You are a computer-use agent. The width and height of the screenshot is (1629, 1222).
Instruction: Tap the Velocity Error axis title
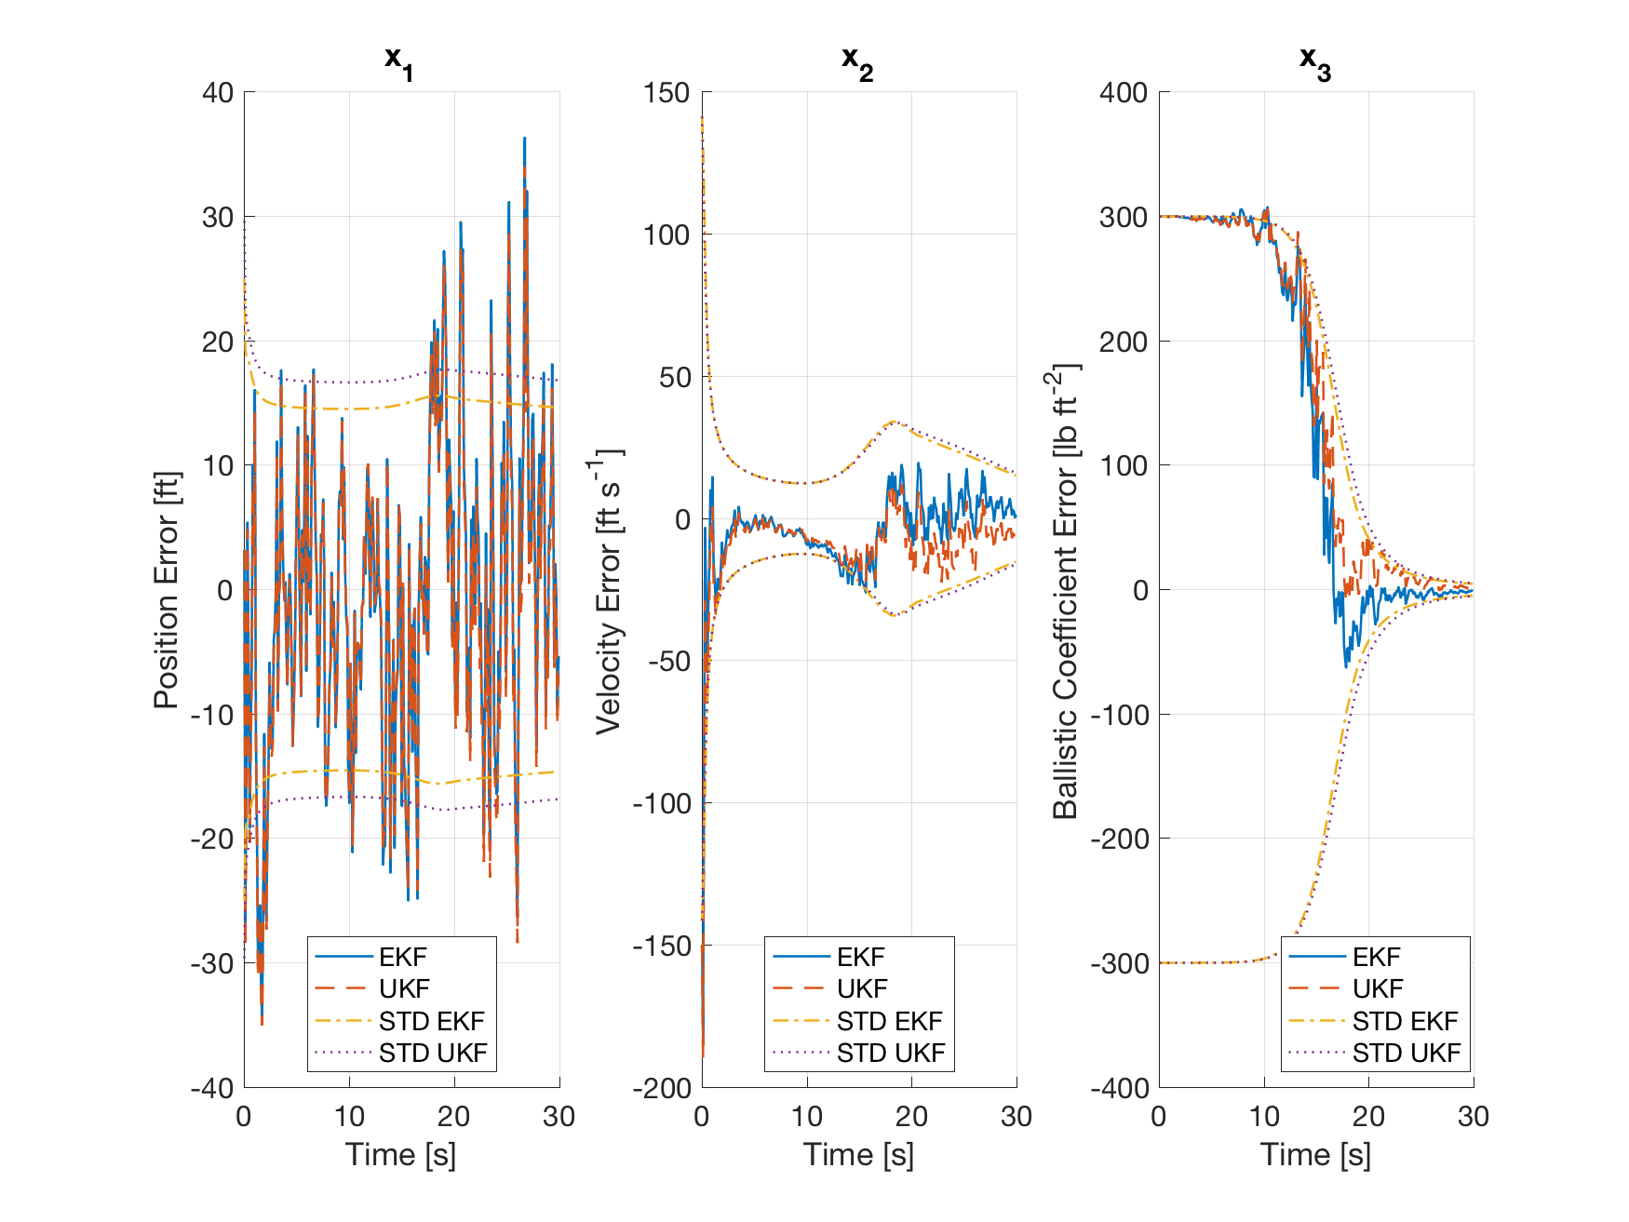click(609, 590)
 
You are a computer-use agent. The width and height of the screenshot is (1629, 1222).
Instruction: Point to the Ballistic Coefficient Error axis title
click(1066, 590)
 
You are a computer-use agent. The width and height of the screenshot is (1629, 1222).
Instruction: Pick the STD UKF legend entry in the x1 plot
click(432, 1053)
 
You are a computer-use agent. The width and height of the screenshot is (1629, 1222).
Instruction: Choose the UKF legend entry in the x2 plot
click(861, 988)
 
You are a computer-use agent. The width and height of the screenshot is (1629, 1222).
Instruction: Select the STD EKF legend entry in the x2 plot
click(889, 1021)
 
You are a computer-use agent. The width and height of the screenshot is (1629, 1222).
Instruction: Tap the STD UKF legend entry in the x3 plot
click(1406, 1053)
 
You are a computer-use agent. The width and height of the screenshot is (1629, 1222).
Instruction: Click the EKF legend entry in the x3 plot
click(1376, 957)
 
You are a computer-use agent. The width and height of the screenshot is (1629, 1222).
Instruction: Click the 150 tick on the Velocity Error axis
click(666, 92)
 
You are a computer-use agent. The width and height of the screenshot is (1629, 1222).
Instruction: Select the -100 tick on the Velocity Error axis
click(661, 803)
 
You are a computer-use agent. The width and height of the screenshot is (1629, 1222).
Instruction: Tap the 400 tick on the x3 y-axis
click(1124, 92)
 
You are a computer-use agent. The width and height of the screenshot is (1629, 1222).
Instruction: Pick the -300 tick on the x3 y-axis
click(1118, 963)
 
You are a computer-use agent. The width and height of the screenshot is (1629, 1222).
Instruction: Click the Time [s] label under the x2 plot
click(858, 1154)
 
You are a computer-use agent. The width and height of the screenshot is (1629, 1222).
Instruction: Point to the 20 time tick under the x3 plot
click(1368, 1116)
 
